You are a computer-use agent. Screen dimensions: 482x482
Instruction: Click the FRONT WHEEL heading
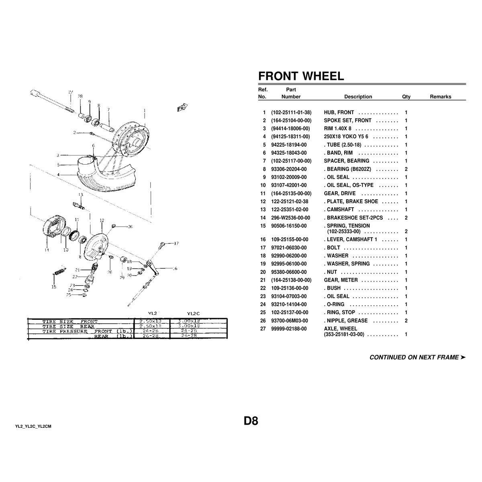[301, 76]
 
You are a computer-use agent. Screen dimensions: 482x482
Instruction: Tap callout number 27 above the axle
[70, 92]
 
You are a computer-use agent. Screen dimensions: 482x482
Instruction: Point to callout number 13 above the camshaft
[80, 195]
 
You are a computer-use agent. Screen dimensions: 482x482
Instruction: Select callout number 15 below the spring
[54, 287]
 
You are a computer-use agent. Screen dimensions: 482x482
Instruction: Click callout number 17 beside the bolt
[176, 243]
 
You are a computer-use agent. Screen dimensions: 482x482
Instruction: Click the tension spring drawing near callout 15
[59, 272]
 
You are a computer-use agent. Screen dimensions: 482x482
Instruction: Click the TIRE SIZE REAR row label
[68, 326]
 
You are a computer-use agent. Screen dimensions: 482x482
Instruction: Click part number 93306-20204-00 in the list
[289, 169]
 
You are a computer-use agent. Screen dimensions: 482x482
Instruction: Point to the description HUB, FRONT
[339, 112]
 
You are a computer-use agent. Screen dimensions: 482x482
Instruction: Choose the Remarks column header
[440, 97]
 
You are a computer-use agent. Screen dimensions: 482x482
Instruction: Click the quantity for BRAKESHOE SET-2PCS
[406, 218]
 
